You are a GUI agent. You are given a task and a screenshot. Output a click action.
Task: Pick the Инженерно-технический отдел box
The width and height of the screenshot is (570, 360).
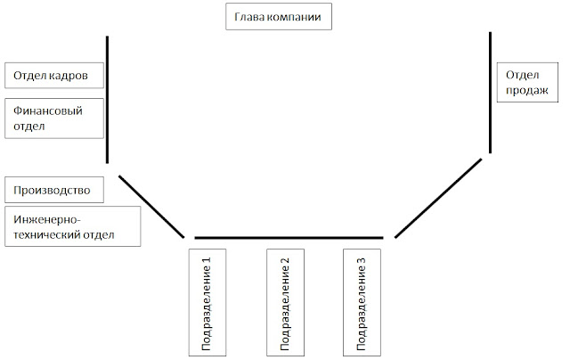coord(71,226)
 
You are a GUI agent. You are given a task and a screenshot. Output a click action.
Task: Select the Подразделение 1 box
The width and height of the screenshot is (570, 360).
coord(207,300)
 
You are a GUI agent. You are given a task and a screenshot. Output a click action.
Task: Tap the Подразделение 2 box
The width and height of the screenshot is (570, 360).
coord(285,300)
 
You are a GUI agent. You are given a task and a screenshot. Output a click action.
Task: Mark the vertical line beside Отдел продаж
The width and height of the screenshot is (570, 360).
coord(491,92)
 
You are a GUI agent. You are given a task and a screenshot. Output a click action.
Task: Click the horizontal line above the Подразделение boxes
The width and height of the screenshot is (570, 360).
coord(289,238)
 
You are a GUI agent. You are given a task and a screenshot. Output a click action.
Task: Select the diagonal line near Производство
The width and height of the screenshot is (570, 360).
coord(151,206)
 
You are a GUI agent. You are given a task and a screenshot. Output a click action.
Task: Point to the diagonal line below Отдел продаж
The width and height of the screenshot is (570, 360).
coord(439,198)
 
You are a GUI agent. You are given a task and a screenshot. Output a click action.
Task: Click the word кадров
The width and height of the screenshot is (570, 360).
coord(70,75)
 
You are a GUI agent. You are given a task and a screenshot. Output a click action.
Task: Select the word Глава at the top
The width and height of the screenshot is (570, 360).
coord(248,18)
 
